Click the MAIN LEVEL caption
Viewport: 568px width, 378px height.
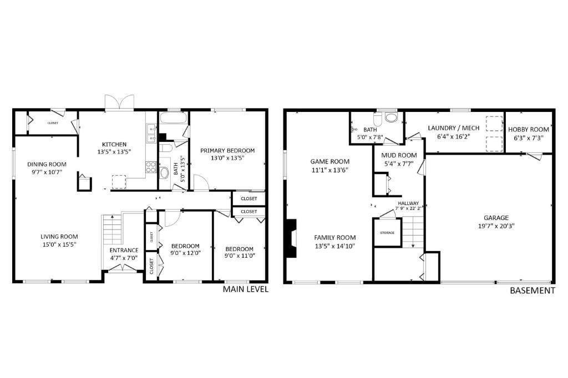246,289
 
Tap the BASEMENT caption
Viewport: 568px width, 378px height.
532,290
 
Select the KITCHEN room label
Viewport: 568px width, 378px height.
114,144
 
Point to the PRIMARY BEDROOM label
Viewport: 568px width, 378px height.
227,150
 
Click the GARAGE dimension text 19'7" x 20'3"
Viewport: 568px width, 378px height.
496,226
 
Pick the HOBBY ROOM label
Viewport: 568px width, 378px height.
529,129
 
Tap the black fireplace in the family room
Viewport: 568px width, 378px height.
292,238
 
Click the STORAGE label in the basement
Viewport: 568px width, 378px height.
387,232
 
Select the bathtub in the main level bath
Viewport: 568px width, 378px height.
174,119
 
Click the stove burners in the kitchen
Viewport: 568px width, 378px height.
151,167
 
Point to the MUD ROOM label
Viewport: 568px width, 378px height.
399,155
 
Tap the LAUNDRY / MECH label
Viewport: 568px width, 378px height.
454,128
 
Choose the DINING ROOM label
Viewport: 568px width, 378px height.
47,165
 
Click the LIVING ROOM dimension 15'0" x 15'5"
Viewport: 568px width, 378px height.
59,244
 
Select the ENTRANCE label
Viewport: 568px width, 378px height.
124,250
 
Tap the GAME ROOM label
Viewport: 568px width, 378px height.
330,161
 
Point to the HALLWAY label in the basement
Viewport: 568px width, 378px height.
408,203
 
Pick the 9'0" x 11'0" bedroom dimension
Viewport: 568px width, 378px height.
240,256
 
